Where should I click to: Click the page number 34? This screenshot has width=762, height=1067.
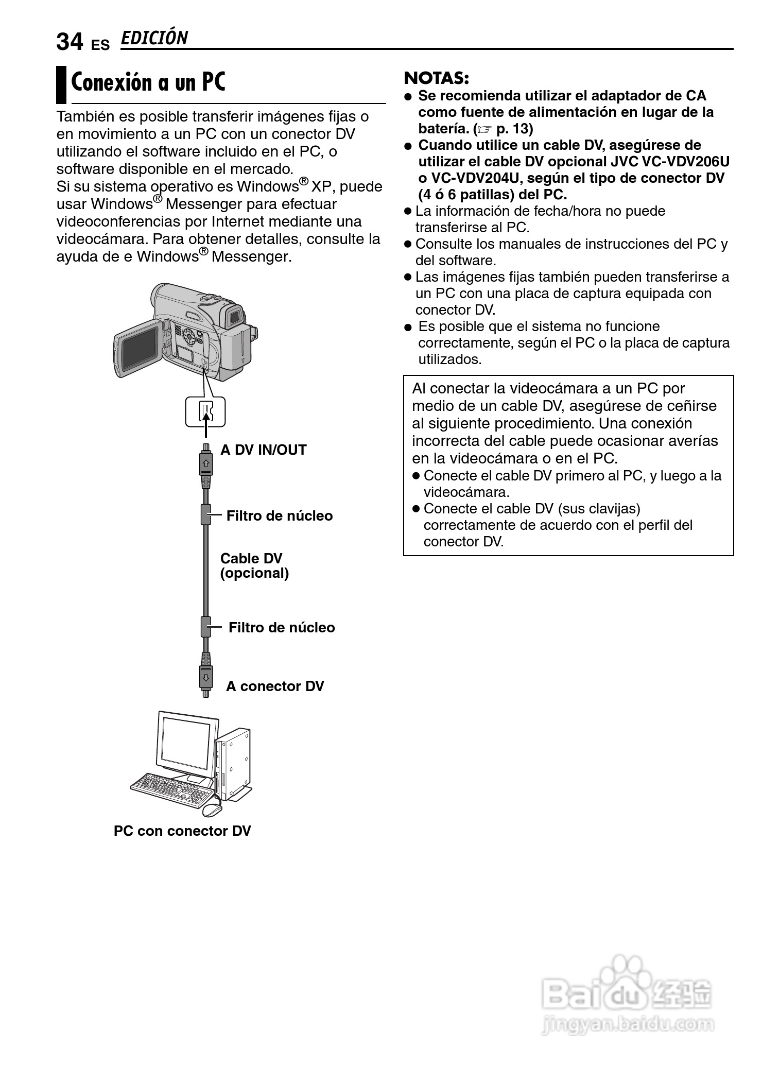click(x=70, y=42)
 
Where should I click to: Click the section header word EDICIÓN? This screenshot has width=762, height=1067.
click(x=154, y=38)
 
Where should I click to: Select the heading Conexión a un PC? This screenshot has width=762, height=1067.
click(x=148, y=82)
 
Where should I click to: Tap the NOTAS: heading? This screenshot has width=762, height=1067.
click(x=436, y=78)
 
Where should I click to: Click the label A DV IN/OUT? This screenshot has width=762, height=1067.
click(x=263, y=450)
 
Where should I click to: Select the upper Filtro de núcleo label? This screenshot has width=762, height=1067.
click(x=280, y=516)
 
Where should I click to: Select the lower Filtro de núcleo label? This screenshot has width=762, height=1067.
click(x=282, y=628)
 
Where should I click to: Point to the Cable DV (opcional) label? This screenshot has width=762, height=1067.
click(x=254, y=566)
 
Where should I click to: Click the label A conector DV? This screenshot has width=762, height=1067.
click(x=275, y=686)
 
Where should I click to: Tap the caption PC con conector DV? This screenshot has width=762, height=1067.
click(x=182, y=831)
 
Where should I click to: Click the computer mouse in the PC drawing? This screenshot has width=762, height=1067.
click(x=212, y=809)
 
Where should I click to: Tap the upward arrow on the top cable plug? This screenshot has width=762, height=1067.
click(x=205, y=462)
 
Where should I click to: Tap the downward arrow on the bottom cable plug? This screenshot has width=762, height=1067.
click(x=205, y=677)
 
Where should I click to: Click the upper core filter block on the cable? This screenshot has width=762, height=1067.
click(x=205, y=514)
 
